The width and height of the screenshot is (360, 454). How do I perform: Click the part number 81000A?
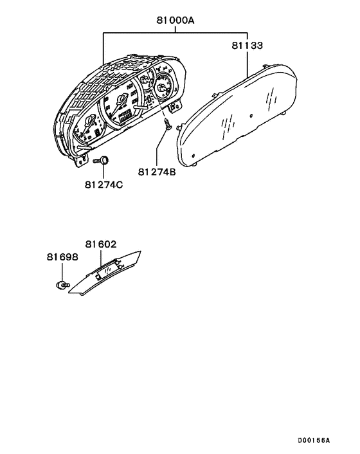[175, 21]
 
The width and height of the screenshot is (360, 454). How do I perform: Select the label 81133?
[247, 46]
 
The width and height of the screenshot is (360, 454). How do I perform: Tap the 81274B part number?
[157, 172]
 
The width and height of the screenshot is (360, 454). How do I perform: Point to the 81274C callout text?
[104, 185]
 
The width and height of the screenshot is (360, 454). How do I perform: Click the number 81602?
[101, 244]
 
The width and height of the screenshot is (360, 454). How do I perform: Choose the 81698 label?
[62, 257]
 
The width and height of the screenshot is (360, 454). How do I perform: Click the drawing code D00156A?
[314, 440]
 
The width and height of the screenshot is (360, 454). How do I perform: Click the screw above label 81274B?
[167, 123]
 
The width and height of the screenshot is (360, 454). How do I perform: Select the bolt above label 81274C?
[101, 160]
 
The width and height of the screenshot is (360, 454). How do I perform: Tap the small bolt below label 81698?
[62, 286]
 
